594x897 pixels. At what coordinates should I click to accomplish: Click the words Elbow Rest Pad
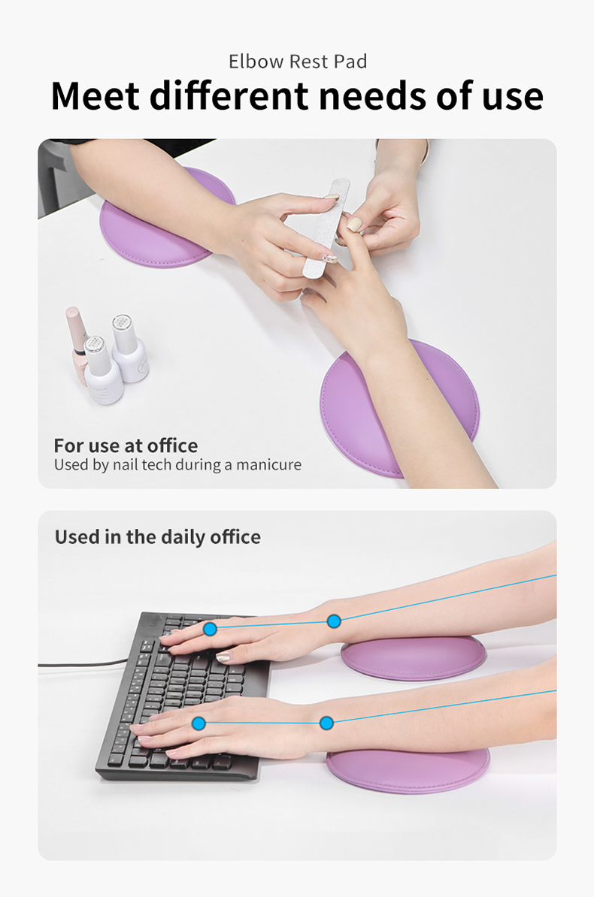click(298, 61)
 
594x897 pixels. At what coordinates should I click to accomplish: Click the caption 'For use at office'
click(126, 445)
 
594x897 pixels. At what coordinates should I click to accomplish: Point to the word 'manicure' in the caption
click(268, 464)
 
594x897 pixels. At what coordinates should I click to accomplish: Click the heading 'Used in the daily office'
click(157, 537)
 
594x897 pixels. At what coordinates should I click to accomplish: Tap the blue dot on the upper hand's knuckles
click(211, 630)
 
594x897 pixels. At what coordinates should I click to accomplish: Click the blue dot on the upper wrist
click(334, 621)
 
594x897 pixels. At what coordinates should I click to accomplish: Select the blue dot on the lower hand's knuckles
click(199, 723)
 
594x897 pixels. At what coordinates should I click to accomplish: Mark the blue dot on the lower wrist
click(326, 723)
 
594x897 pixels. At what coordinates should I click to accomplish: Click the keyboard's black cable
click(83, 665)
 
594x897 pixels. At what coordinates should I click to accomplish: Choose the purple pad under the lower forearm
click(408, 769)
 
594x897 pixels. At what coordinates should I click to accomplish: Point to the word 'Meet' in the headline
click(95, 95)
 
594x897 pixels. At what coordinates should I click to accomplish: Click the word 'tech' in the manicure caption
click(156, 464)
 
